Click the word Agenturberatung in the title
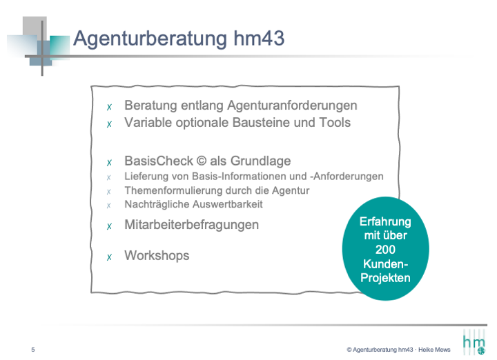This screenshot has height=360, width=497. (x=150, y=39)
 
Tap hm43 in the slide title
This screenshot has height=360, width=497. (x=259, y=38)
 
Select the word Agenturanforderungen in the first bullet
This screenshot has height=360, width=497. (x=292, y=106)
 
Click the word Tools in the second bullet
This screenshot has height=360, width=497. (x=335, y=123)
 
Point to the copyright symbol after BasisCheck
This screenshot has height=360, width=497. (x=202, y=161)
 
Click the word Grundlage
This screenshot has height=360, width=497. (x=260, y=161)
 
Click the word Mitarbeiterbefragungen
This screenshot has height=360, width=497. (x=192, y=225)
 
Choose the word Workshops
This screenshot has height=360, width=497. (x=157, y=255)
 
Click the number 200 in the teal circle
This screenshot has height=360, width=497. (x=385, y=250)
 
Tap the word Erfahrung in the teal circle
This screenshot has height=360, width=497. (x=385, y=221)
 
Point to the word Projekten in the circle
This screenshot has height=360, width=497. (x=385, y=278)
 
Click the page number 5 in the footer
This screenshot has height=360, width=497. (x=33, y=350)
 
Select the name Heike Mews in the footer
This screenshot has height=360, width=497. (x=434, y=350)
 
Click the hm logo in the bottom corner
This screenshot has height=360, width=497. (x=474, y=342)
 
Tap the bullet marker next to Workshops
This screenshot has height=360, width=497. (x=109, y=257)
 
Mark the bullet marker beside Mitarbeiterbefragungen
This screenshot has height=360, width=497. (x=109, y=226)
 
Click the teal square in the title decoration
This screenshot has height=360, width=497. (x=59, y=48)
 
